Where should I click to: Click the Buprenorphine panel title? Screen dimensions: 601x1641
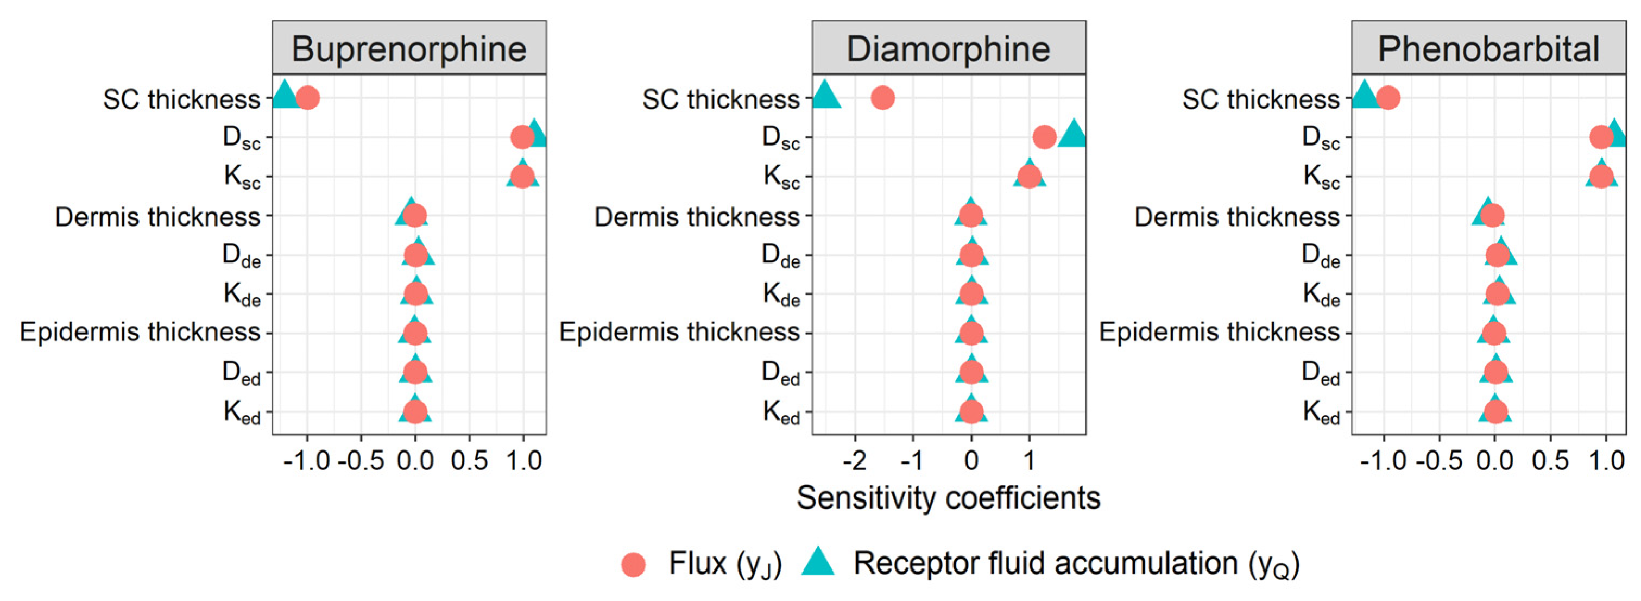409,49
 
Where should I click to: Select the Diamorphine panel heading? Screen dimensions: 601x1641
949,49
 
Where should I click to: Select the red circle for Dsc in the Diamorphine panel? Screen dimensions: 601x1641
1044,136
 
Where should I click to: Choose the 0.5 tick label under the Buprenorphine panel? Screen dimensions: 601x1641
470,460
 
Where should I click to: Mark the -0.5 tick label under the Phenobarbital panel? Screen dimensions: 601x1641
1438,460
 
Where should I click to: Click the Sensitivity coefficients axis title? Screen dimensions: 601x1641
949,498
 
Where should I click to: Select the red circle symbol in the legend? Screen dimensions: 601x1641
633,565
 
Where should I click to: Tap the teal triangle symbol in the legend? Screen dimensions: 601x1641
818,562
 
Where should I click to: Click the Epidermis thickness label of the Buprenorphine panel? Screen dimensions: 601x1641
140,332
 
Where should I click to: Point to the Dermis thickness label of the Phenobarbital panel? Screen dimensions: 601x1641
1236,217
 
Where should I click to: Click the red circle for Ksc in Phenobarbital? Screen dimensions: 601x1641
1601,176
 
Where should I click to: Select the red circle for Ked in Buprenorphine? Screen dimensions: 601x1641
415,412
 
